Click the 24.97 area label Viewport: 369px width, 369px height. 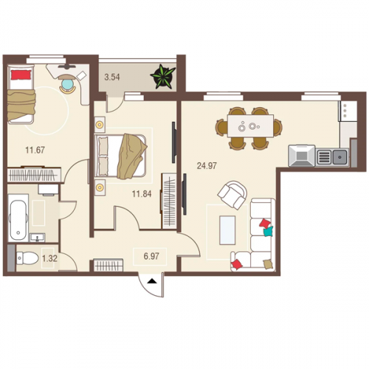[207, 166]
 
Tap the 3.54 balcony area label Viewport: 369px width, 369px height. [112, 77]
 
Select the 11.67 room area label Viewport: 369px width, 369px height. [35, 150]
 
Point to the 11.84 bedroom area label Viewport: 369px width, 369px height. [142, 194]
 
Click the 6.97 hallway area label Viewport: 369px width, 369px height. [151, 256]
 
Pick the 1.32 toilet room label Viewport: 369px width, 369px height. [49, 258]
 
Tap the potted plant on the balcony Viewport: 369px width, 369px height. [163, 77]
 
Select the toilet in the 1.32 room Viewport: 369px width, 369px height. [27, 258]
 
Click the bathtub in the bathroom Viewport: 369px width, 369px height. [18, 218]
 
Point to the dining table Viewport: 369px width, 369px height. [250, 125]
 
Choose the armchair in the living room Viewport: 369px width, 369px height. [232, 195]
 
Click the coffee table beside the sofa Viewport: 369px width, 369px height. [227, 230]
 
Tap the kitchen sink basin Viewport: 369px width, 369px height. [340, 156]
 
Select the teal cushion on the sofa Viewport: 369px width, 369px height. [268, 232]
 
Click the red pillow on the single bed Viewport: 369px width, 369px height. [21, 75]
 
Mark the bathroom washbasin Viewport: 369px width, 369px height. [38, 238]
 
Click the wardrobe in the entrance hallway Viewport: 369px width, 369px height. [108, 265]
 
